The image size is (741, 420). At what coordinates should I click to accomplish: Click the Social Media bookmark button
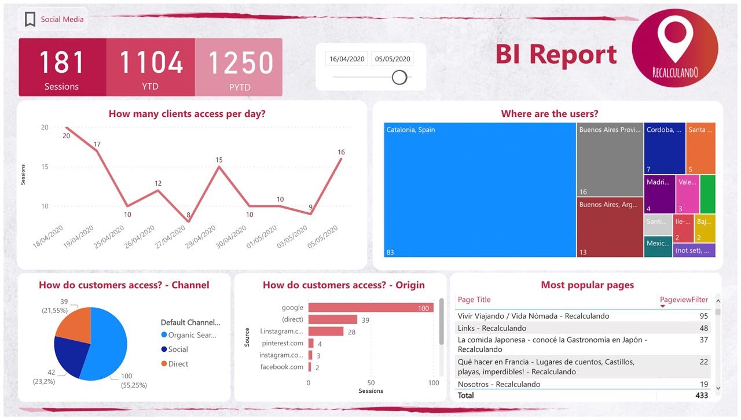click(53, 19)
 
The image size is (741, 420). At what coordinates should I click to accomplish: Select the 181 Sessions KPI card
click(62, 67)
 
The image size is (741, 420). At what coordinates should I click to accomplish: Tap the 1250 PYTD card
click(239, 67)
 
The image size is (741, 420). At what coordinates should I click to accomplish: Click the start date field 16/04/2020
click(346, 58)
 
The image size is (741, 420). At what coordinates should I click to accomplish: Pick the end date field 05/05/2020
click(392, 58)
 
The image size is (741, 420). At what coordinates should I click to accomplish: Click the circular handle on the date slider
click(399, 77)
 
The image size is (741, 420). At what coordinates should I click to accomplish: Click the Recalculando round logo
click(674, 48)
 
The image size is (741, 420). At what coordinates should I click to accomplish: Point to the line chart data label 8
click(188, 215)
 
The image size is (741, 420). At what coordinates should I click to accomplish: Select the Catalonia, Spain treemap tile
click(479, 190)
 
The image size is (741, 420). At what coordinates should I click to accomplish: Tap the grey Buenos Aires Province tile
click(610, 159)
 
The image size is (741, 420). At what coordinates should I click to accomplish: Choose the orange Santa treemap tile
click(700, 148)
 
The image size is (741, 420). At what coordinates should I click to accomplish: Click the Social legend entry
click(178, 349)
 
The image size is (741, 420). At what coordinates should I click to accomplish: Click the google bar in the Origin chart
click(370, 308)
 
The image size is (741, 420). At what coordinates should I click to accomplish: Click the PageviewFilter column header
click(684, 300)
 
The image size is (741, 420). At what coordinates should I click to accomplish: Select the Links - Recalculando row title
click(491, 328)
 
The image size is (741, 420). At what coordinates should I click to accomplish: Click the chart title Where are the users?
click(549, 114)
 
